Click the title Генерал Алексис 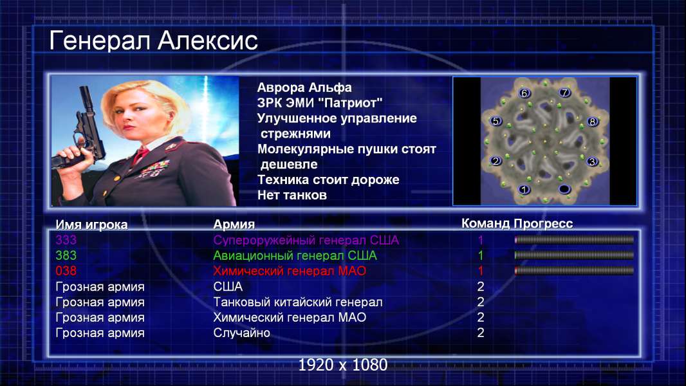(153, 41)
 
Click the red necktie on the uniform (140, 155)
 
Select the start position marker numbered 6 (524, 93)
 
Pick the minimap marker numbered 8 (593, 122)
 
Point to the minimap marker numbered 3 (592, 161)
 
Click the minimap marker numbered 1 (524, 189)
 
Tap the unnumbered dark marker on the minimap (564, 189)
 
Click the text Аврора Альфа (304, 87)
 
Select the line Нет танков (292, 195)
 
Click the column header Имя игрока (91, 225)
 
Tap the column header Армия (234, 225)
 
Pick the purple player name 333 (66, 240)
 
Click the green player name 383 (66, 255)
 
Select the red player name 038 (66, 271)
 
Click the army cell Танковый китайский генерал (298, 302)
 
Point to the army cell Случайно (241, 333)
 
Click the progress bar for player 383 (574, 255)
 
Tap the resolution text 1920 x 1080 (343, 365)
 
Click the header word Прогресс (543, 223)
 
